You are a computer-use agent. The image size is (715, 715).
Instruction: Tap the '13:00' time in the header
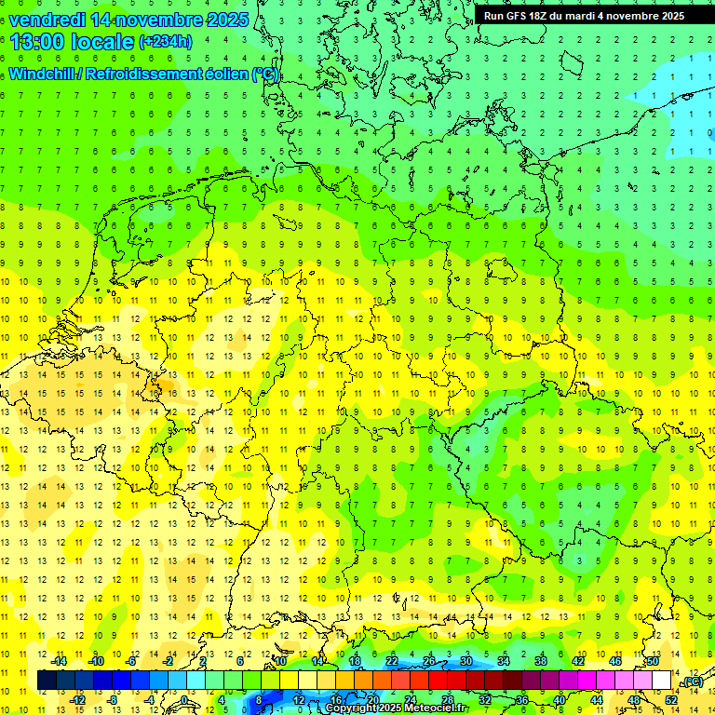pyautogui.click(x=36, y=42)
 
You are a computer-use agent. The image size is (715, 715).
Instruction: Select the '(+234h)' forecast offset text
pyautogui.click(x=166, y=42)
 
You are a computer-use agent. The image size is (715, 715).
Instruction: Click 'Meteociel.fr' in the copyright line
pyautogui.click(x=427, y=708)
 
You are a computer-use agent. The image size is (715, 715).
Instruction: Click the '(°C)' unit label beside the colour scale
pyautogui.click(x=692, y=681)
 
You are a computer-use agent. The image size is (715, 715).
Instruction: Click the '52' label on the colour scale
pyautogui.click(x=671, y=699)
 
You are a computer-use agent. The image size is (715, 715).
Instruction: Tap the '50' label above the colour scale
pyautogui.click(x=653, y=661)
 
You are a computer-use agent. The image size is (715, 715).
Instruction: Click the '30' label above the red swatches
pyautogui.click(x=466, y=661)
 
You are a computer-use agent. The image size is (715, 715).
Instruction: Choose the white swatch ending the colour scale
pyautogui.click(x=662, y=680)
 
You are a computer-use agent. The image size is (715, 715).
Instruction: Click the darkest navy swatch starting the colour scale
pyautogui.click(x=47, y=680)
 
